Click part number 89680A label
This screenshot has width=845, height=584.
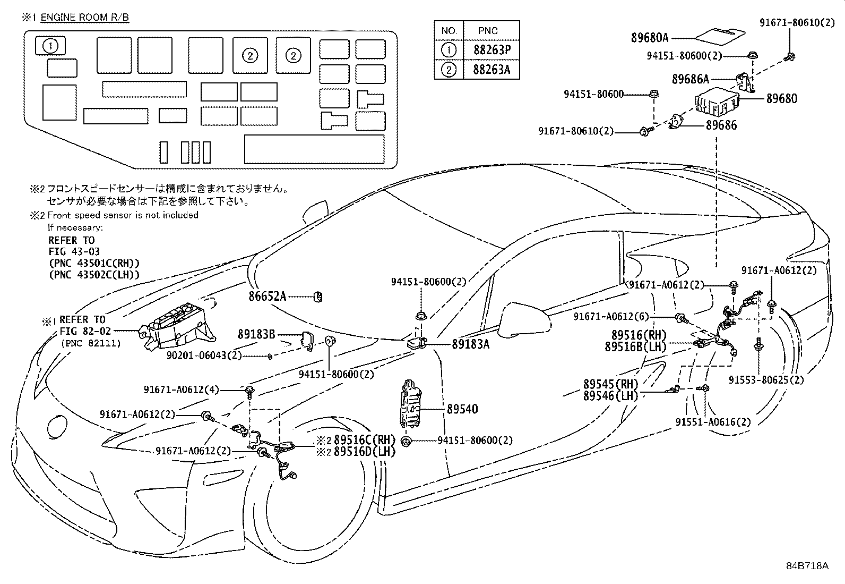650,38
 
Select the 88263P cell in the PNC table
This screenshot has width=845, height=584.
492,50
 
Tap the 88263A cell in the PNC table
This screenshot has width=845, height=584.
492,70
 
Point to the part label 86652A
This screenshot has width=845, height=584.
267,297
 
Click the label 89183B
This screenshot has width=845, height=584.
256,334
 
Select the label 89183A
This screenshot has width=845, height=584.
470,344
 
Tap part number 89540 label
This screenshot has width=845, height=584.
462,409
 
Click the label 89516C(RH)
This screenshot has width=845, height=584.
365,439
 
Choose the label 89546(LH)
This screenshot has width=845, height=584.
610,396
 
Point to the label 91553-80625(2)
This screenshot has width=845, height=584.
766,379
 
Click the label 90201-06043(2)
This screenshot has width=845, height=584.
204,356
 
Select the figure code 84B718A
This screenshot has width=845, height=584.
807,565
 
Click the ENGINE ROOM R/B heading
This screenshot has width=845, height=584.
84,18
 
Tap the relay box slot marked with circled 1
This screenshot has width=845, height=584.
50,46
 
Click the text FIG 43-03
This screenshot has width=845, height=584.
74,251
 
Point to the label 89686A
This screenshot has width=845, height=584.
691,79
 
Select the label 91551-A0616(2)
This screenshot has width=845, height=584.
713,422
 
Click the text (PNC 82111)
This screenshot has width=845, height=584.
91,343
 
